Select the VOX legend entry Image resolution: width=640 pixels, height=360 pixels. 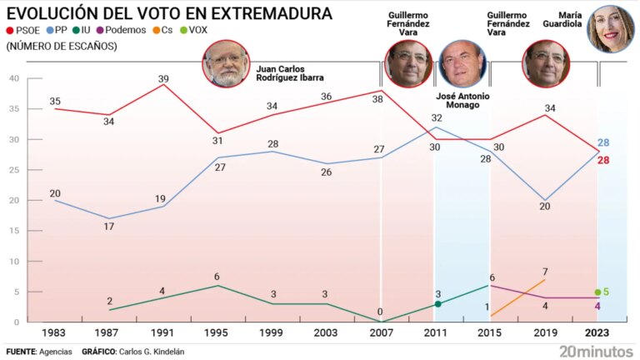coord(194,31)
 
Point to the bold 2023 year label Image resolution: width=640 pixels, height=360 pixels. coord(598,333)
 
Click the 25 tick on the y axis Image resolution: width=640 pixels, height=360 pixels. coord(12,170)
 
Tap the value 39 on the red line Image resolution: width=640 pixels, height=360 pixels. coord(163,77)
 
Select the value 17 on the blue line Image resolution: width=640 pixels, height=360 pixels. coord(109,227)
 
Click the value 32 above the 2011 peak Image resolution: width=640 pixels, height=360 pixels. coord(436,118)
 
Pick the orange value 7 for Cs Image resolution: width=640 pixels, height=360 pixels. coord(544,272)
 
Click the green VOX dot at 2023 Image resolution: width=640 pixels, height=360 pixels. coord(597,292)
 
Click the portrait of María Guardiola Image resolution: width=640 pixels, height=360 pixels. coord(612,28)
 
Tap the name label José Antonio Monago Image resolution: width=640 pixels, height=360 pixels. coord(462,101)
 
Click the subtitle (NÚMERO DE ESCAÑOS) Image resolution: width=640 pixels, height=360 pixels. coord(62,47)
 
